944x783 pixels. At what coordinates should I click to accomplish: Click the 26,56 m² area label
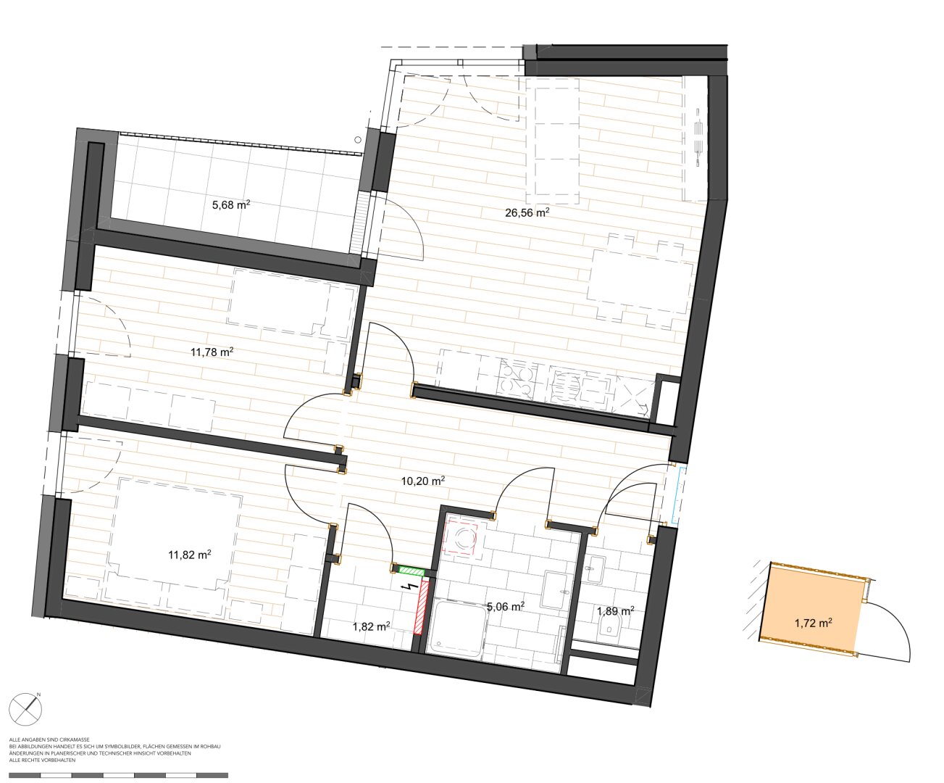click(527, 212)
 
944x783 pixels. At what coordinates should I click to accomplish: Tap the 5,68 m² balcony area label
click(231, 205)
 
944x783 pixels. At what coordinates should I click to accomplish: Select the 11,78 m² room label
click(212, 352)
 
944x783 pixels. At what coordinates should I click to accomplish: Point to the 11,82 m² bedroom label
click(190, 555)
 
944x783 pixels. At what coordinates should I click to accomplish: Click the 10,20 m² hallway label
click(422, 481)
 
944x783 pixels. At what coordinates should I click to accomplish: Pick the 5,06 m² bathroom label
click(505, 606)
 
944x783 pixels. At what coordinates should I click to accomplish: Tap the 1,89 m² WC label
click(615, 612)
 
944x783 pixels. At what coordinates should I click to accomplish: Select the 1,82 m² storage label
click(371, 626)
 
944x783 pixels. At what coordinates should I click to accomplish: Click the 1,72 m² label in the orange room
click(814, 623)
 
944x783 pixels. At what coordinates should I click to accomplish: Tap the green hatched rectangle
click(411, 570)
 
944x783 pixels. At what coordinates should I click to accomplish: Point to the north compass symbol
click(26, 709)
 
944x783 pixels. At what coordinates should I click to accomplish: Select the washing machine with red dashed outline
click(461, 539)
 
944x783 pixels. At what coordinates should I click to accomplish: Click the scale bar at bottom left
click(119, 775)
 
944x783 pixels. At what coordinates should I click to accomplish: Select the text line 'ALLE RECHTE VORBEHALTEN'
click(43, 761)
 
